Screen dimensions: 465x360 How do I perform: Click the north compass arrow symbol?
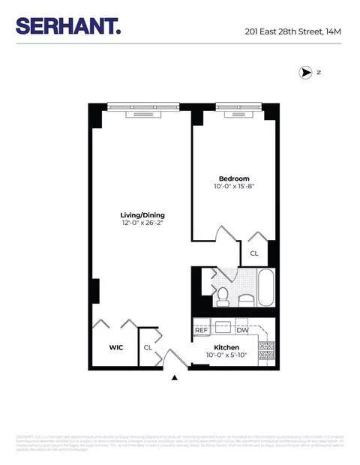click(305, 73)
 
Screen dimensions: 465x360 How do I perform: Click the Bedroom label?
click(228, 179)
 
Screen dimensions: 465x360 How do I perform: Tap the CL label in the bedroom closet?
click(254, 253)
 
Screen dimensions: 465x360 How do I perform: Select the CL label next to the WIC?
click(148, 348)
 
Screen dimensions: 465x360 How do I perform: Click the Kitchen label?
click(226, 348)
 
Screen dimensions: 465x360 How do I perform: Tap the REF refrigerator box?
click(202, 330)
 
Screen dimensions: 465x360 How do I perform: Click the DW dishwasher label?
click(242, 330)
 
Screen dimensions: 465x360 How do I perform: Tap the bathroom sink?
click(245, 301)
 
